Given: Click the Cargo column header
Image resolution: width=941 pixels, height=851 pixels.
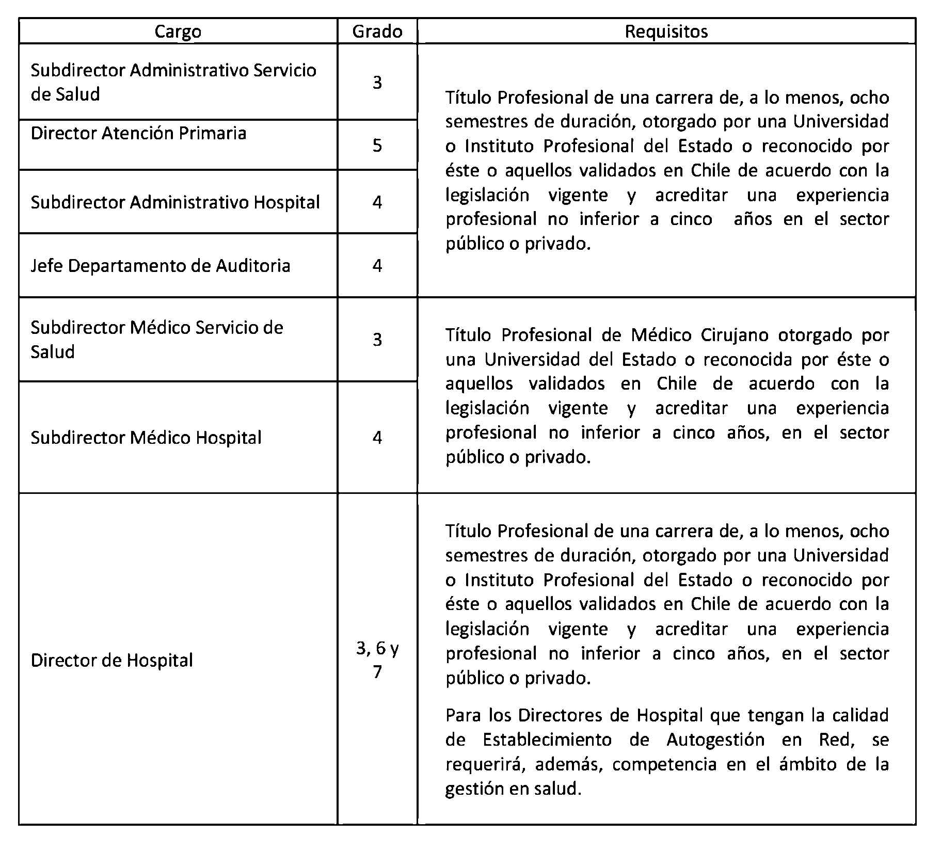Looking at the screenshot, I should coord(178,31).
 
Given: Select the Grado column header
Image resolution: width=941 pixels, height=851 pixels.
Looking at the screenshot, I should coord(377,31).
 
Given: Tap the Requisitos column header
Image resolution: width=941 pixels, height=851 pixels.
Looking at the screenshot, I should coord(666,31).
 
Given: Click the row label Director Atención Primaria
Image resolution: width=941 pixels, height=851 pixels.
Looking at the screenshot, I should coord(138,133).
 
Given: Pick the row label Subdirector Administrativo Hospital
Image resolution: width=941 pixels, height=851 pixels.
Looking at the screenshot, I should coord(175,202).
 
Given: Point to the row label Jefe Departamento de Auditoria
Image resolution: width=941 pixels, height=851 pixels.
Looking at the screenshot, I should coord(160,266).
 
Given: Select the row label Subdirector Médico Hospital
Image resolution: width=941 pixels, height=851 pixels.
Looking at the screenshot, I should coord(146,438).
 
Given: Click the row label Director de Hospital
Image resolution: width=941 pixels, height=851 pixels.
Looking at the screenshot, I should coord(111,660).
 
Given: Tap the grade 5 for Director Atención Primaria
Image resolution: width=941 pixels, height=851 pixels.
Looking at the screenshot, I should coord(377,146).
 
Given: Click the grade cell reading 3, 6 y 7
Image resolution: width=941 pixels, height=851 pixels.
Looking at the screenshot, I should coord(377,659).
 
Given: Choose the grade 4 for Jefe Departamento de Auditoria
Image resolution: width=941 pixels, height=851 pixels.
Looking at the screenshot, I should coord(377,266).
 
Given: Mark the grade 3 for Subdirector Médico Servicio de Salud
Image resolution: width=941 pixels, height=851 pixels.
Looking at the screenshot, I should coord(377,339).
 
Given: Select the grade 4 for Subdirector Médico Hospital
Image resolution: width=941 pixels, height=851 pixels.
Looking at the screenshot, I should coord(377,438).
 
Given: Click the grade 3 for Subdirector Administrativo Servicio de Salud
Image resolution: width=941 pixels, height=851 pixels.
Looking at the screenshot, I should coord(377,83).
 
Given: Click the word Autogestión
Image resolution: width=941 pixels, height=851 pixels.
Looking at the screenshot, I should coord(715,740).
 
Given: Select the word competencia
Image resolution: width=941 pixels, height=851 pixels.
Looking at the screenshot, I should coord(664,764).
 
